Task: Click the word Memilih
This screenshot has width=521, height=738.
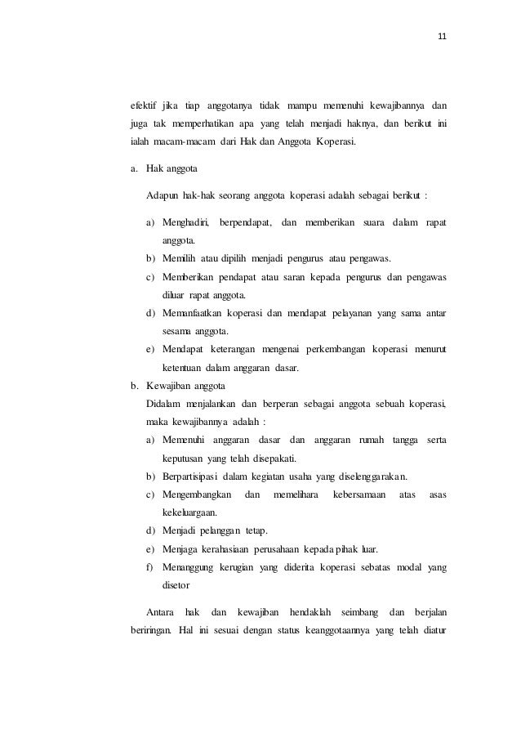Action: pos(180,259)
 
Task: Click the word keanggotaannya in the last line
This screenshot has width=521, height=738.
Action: pos(339,630)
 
